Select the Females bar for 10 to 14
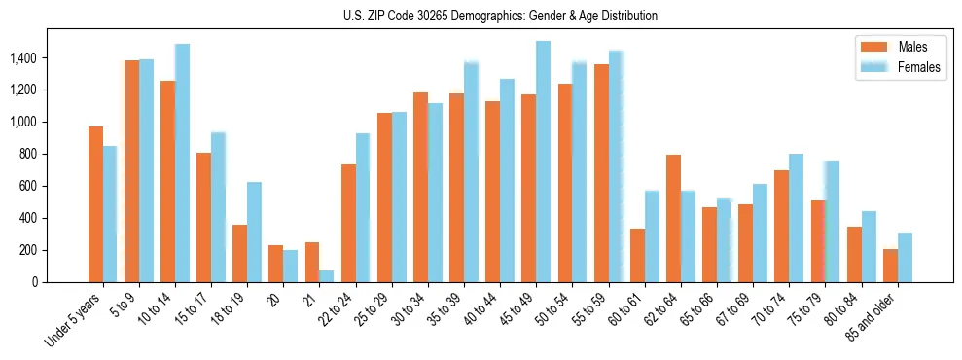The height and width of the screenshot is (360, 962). tap(182, 162)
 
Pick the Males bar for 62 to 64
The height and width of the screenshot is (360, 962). tap(673, 218)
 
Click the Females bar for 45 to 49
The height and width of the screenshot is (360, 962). tap(544, 162)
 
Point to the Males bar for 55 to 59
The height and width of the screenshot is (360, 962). tap(601, 173)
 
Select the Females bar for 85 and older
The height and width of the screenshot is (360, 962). tap(905, 258)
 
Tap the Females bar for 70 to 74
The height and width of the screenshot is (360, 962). tap(797, 218)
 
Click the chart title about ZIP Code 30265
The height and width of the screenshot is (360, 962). tap(500, 16)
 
